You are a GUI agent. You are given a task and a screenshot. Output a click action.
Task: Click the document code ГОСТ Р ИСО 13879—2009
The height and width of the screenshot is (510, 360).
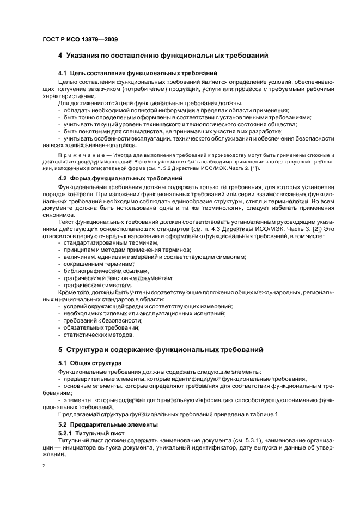pyautogui.click(x=80, y=40)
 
